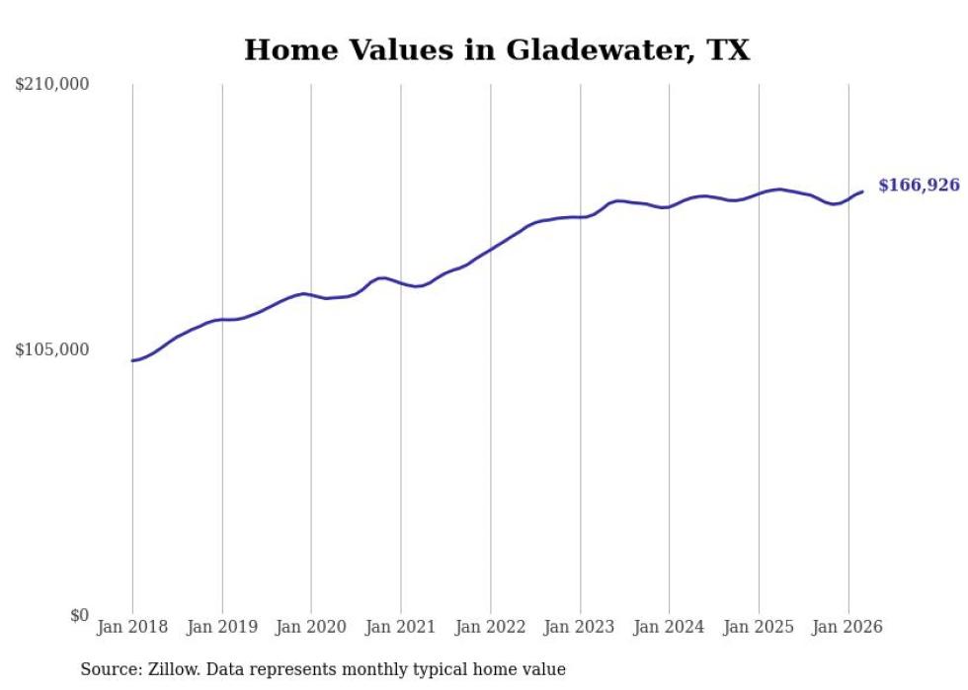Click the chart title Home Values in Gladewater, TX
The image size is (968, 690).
(497, 49)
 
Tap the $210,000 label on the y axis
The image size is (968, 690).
(52, 85)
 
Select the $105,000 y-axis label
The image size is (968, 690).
(52, 349)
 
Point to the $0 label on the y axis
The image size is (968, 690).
(79, 615)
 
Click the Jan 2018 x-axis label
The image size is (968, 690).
(132, 627)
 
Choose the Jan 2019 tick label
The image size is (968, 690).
(222, 627)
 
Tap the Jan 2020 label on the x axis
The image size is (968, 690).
(311, 627)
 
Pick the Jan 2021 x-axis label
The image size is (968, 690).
(401, 627)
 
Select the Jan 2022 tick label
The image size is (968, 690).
(491, 627)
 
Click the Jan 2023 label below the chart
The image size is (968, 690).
(580, 627)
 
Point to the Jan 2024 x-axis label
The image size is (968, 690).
(670, 627)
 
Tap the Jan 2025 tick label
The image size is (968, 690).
(759, 627)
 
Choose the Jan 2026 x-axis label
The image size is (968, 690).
(847, 627)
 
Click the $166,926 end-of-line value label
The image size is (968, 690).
(919, 185)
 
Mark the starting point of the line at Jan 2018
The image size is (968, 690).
(132, 360)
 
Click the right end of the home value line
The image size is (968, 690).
(862, 192)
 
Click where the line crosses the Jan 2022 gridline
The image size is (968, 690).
(491, 249)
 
